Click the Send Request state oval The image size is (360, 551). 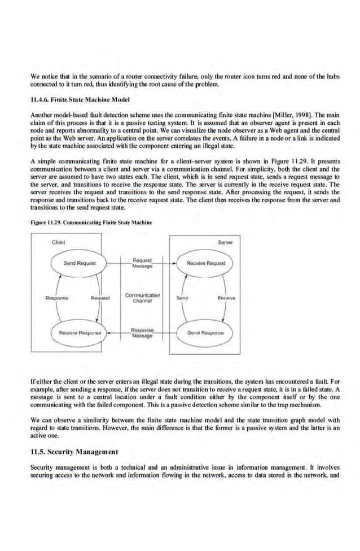80,263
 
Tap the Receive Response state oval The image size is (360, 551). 78,333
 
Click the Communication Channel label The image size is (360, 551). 143,298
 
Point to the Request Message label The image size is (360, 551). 143,263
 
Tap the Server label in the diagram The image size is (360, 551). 226,242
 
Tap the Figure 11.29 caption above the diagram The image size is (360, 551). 91,222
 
